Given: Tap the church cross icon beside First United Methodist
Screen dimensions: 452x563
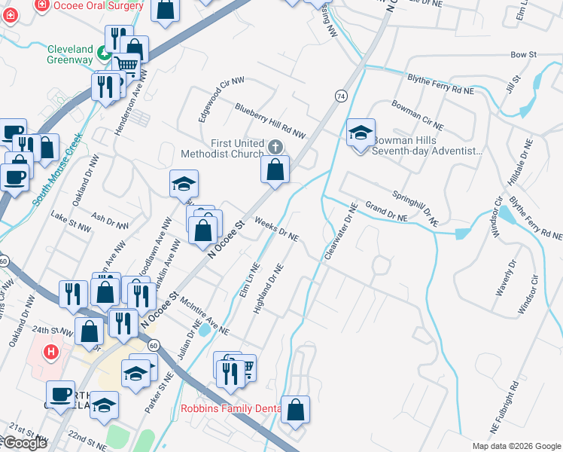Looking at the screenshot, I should [x=276, y=145].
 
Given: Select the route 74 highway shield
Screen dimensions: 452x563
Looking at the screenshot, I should [x=341, y=96].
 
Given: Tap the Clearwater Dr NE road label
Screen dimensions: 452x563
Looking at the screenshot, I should [x=339, y=232].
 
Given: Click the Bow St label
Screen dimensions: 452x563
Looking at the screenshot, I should [x=522, y=55].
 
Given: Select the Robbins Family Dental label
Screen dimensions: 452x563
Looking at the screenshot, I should [x=230, y=410].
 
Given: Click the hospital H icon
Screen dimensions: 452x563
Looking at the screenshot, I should [x=51, y=352].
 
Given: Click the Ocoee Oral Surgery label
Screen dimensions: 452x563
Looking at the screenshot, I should [x=99, y=5].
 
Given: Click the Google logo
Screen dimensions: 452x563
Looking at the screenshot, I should [x=25, y=443].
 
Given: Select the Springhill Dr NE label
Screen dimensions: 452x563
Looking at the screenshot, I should [x=415, y=208].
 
